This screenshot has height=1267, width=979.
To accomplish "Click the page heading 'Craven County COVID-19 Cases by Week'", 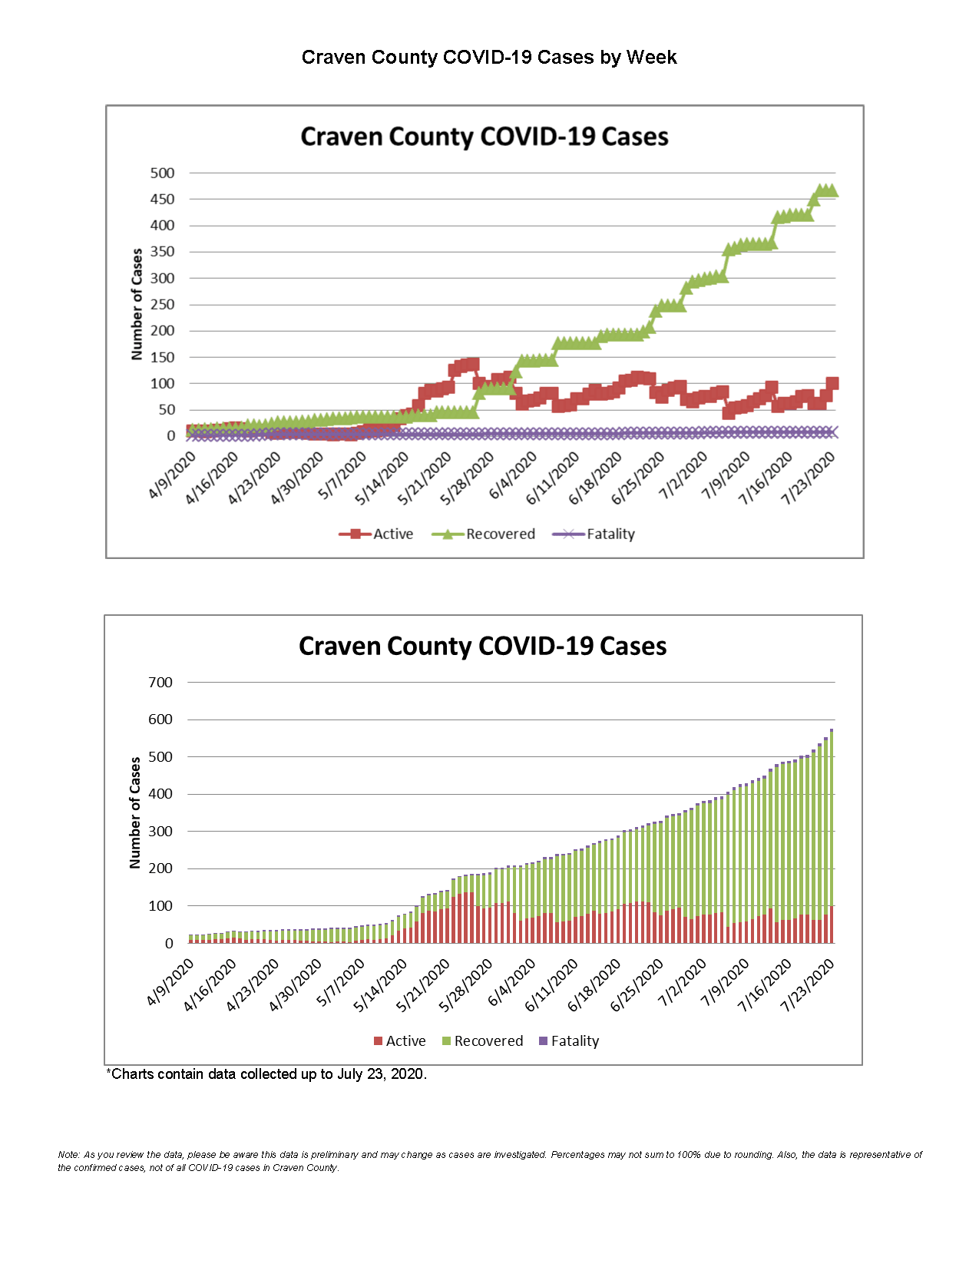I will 489,58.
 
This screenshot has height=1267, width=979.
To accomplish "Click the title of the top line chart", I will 484,137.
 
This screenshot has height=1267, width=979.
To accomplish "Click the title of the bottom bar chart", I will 482,646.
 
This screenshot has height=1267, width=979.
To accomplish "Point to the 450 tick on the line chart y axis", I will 162,199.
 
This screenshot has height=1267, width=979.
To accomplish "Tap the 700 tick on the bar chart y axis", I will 160,682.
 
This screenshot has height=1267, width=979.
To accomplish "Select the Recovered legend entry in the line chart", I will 484,534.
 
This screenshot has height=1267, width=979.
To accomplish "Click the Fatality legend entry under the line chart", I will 594,534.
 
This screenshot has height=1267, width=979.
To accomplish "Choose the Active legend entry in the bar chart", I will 399,1041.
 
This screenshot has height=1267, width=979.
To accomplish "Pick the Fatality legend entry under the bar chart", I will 569,1041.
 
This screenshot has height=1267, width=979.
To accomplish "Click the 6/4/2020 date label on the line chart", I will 513,476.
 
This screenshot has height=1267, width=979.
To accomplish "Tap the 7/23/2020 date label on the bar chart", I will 807,986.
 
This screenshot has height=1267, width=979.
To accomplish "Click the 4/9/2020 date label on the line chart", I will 172,476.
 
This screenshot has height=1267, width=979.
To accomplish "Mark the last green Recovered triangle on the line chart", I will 832,191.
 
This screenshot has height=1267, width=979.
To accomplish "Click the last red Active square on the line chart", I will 832,383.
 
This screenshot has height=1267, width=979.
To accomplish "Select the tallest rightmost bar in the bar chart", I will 832,837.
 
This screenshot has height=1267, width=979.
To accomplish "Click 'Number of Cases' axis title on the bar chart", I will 135,812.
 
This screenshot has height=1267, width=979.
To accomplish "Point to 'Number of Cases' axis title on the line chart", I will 137,304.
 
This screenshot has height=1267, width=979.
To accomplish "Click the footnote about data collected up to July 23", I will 266,1074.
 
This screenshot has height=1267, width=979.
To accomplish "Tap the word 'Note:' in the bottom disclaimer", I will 68,1155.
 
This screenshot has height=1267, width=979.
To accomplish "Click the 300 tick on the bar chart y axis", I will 160,831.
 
